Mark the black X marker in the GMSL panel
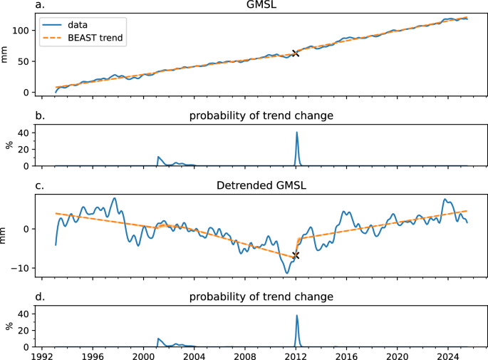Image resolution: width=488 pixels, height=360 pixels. pos(296,53)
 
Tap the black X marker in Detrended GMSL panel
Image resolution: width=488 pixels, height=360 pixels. pos(296,255)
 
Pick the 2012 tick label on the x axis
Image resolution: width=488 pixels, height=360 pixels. pos(296,354)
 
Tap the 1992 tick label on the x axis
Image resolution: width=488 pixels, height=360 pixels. pos(43,354)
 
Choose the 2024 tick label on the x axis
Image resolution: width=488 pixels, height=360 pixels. pos(447,354)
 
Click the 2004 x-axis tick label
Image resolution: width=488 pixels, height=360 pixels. pos(194,354)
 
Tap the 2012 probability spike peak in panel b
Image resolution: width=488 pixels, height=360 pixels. pos(296,133)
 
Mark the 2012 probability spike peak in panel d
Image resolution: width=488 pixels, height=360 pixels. pos(296,315)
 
